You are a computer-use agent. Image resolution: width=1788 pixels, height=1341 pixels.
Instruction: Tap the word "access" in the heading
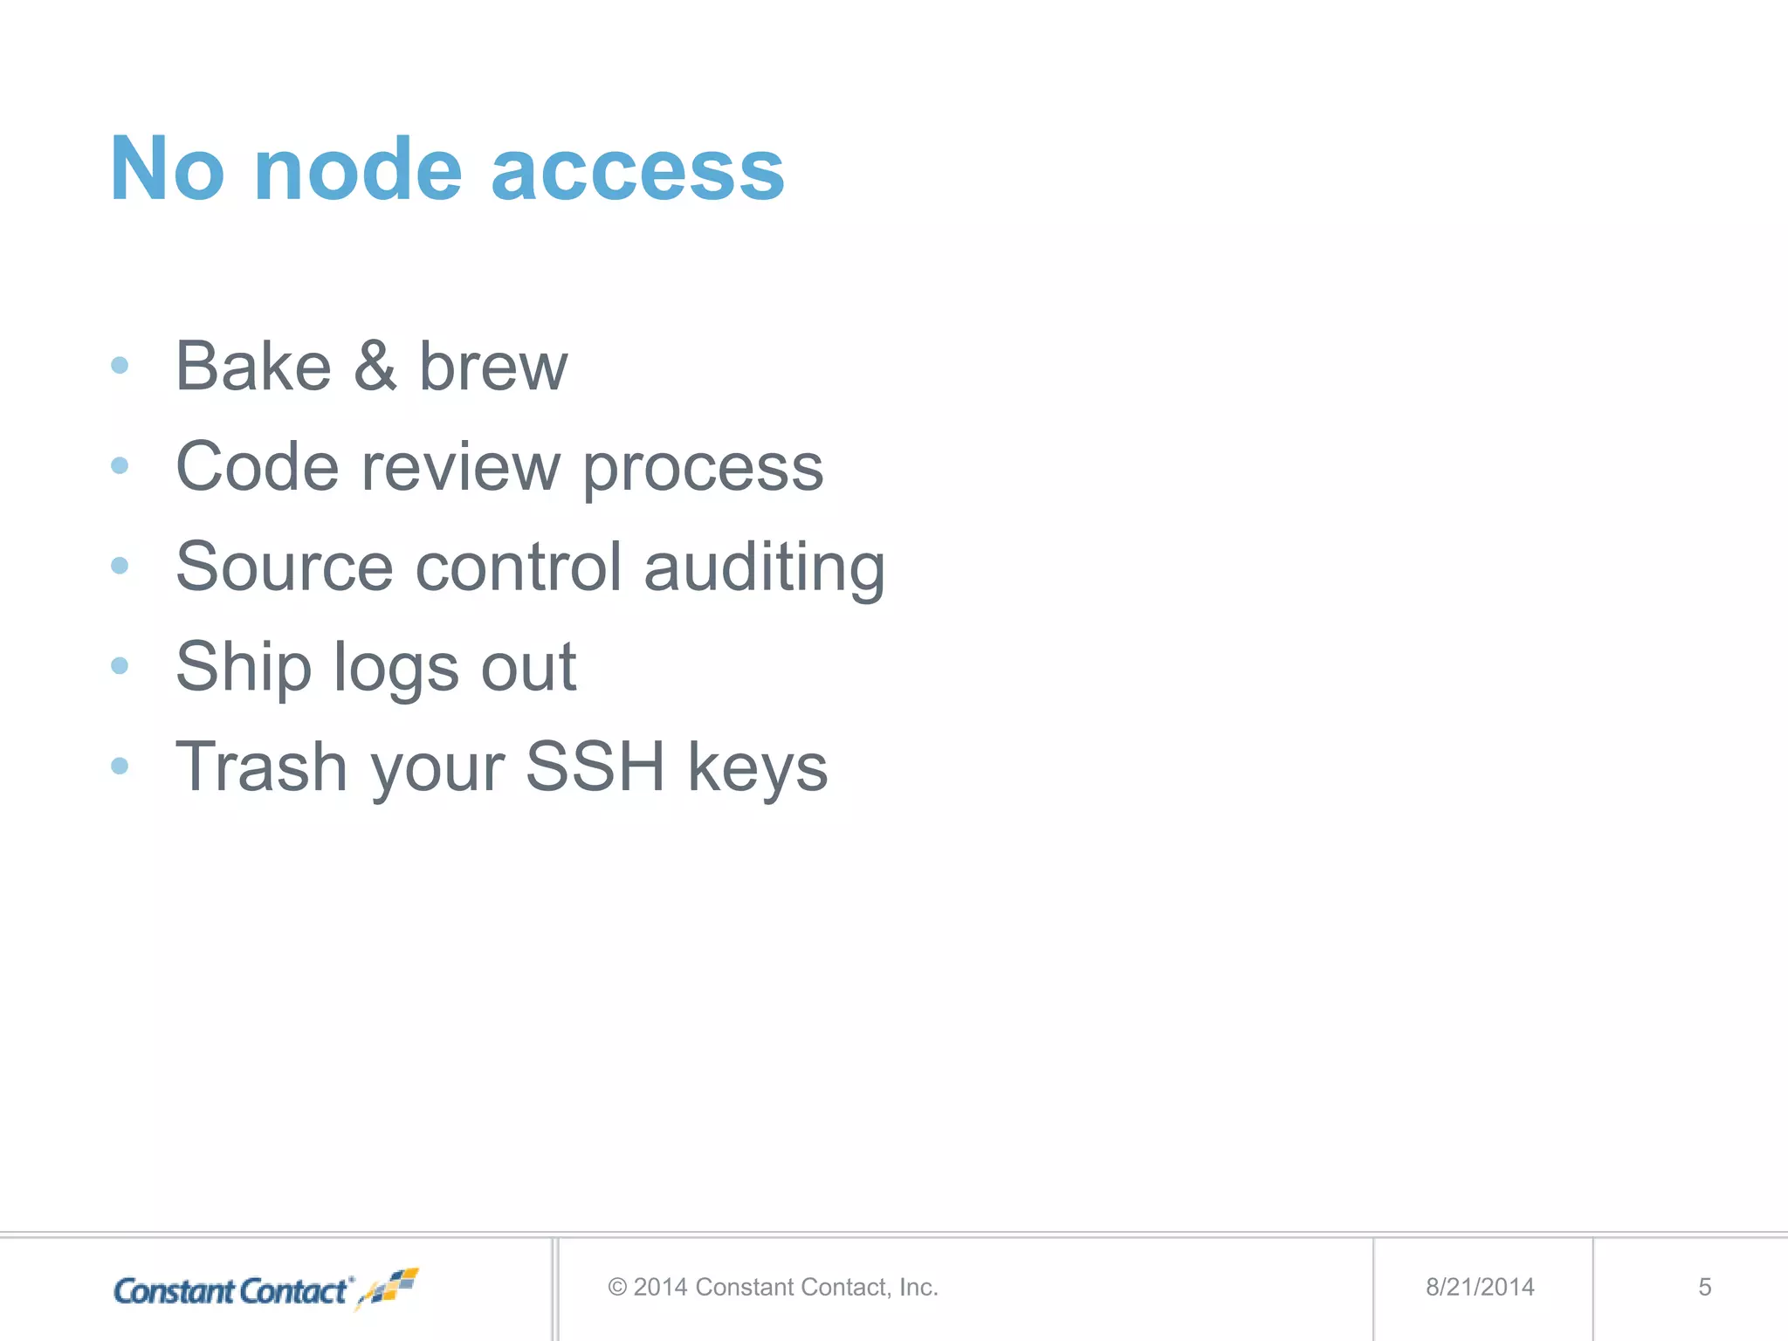(637, 173)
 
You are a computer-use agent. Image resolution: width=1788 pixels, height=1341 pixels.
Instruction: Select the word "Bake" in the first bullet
(253, 367)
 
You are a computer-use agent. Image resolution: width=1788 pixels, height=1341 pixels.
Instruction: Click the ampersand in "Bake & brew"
(375, 367)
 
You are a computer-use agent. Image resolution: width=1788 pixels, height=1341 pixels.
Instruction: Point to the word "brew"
(493, 367)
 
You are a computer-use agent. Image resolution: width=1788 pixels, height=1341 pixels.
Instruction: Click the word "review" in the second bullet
(460, 467)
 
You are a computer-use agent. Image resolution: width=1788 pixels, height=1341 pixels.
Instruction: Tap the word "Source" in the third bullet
(285, 567)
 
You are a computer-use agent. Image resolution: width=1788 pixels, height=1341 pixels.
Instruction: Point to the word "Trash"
(261, 767)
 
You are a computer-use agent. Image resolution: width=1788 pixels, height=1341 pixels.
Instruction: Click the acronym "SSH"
(595, 767)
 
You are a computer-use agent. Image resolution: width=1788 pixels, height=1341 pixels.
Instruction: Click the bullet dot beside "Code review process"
(120, 466)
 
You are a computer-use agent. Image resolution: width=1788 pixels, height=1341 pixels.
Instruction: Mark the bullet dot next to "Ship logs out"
(120, 666)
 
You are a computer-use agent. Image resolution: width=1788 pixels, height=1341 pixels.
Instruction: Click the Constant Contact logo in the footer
(265, 1289)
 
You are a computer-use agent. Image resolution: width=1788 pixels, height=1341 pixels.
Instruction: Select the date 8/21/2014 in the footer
(1480, 1287)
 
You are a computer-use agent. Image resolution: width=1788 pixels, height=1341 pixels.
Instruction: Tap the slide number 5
(1704, 1287)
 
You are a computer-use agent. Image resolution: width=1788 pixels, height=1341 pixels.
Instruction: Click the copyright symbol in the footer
(617, 1287)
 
